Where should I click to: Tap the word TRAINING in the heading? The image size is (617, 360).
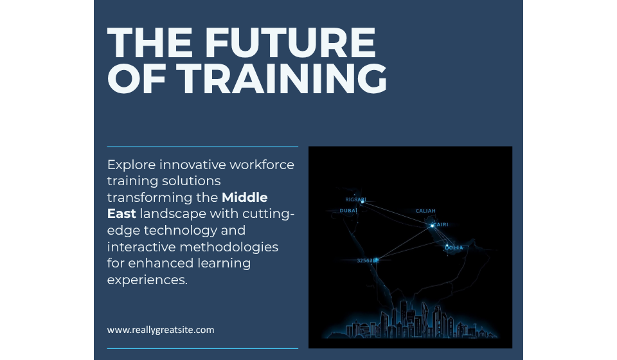(x=282, y=78)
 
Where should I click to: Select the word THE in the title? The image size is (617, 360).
(x=147, y=43)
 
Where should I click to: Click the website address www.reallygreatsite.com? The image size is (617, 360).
(x=160, y=330)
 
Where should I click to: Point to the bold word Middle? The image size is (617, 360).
(x=244, y=197)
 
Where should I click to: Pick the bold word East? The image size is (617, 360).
(x=121, y=213)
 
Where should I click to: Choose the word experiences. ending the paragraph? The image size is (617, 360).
(x=147, y=280)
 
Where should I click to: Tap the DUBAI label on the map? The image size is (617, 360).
(x=348, y=210)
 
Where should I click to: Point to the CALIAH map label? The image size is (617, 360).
(x=425, y=211)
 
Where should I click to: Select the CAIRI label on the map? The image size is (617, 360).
(x=442, y=224)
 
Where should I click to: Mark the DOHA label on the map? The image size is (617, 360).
(x=454, y=248)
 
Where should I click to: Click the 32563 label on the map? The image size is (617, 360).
(x=365, y=260)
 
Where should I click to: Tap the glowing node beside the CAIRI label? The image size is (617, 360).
(x=433, y=225)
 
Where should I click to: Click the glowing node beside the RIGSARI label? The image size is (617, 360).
(x=362, y=202)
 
